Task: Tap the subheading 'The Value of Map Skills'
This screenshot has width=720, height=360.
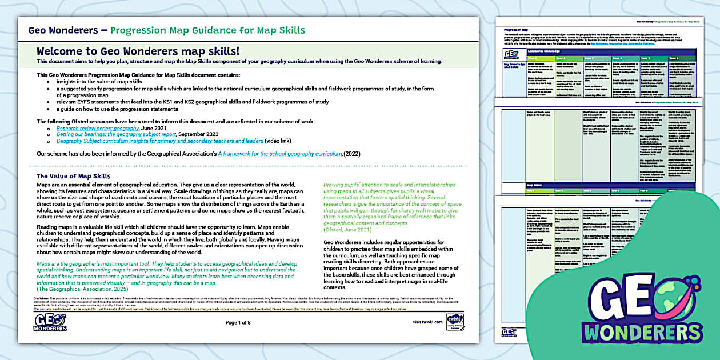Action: click(x=74, y=176)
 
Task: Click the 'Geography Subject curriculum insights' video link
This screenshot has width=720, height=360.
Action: click(x=159, y=141)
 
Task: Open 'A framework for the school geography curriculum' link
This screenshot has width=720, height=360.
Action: click(x=280, y=154)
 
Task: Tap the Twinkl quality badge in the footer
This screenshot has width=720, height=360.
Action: click(x=455, y=321)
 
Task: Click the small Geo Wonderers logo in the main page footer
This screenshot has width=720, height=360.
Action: click(x=51, y=322)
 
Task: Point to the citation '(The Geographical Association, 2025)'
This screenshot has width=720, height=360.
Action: click(x=83, y=290)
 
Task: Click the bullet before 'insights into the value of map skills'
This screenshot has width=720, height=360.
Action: click(x=48, y=82)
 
